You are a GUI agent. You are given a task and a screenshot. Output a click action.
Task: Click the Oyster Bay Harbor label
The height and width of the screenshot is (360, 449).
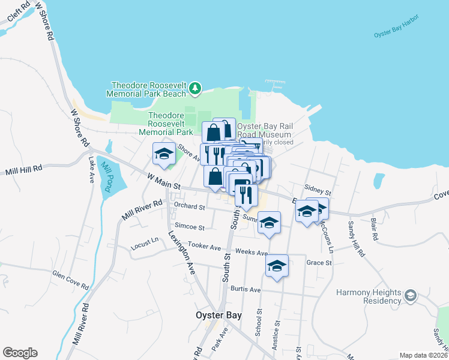[x=399, y=34]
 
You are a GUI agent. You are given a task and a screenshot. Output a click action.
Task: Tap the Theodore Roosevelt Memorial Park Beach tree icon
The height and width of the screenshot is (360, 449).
[x=194, y=89]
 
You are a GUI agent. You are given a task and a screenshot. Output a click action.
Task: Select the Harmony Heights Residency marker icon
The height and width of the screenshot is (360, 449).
[x=410, y=295]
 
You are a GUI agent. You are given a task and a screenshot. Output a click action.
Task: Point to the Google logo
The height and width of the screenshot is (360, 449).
[x=20, y=353]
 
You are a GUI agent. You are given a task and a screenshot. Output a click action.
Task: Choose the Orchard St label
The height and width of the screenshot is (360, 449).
[x=190, y=206]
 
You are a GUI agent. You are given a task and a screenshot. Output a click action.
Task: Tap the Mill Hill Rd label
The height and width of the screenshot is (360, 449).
[x=25, y=170]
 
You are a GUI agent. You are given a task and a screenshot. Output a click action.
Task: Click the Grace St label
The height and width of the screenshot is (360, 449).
[x=319, y=263]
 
